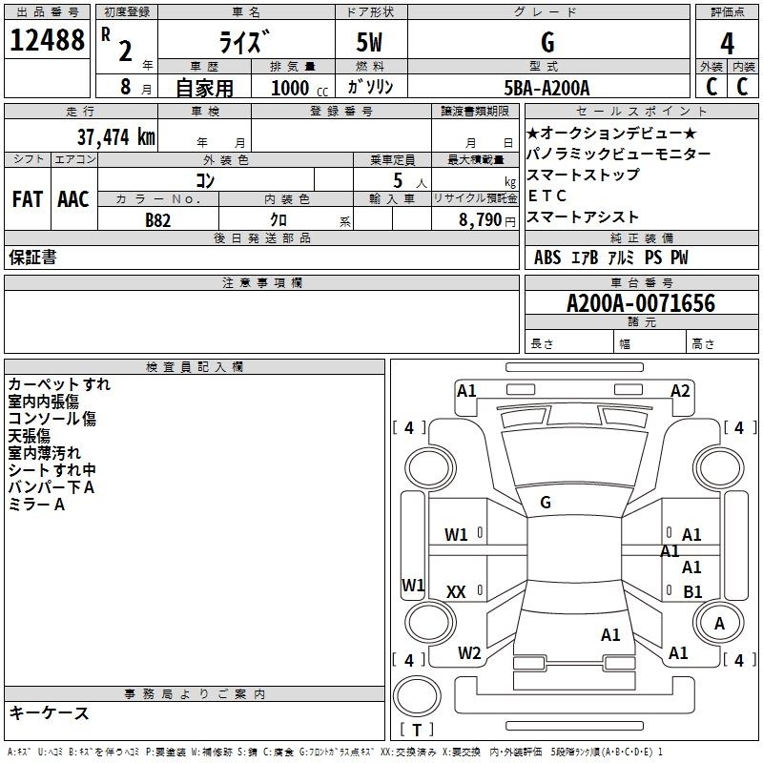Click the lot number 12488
point(47,40)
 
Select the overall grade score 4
point(727,44)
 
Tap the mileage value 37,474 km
point(115,137)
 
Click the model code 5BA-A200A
point(546,88)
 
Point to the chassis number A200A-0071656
point(641,303)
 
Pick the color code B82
point(157,220)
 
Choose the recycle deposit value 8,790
point(480,220)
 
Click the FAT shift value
point(28,199)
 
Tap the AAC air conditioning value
point(73,199)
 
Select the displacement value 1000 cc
point(299,88)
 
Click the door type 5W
point(369,42)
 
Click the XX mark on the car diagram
point(456,591)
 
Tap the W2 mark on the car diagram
point(469,653)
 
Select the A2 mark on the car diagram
point(680,391)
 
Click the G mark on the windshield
point(546,503)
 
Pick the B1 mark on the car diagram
point(692,591)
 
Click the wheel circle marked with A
point(718,623)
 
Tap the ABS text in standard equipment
point(547,258)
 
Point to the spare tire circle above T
point(417,696)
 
